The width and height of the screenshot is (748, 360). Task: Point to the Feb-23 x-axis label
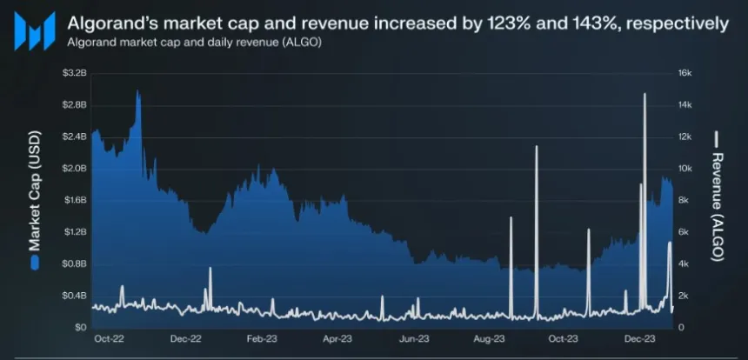[x=261, y=338]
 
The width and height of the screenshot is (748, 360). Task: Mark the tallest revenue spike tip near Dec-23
[x=644, y=93]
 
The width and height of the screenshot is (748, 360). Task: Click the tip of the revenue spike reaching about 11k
[x=536, y=146]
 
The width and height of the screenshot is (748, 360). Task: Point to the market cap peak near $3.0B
[x=138, y=90]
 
